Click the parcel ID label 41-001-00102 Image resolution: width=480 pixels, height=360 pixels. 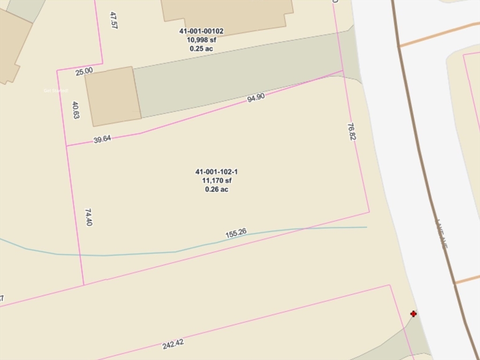(201, 31)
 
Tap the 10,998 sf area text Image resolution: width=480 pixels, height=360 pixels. (201, 40)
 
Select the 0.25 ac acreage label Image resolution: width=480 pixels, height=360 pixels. (201, 48)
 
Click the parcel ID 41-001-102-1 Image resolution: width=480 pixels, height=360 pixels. (217, 172)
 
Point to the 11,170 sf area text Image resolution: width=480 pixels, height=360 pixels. (217, 180)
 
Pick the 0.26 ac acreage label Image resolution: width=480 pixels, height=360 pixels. (217, 189)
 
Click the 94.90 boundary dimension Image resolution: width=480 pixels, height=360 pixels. (256, 97)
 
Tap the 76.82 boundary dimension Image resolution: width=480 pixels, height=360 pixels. (351, 132)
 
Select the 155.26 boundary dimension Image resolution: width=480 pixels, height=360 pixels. (236, 233)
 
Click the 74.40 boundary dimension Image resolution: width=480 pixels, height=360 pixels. (88, 217)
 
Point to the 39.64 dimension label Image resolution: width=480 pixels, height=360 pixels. (102, 139)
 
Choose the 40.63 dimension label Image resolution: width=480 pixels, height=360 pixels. (76, 110)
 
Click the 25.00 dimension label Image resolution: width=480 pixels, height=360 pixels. (84, 71)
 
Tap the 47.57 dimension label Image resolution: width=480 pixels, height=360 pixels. (113, 21)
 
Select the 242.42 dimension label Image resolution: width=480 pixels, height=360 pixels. (173, 344)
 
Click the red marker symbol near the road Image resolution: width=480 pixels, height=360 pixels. (413, 314)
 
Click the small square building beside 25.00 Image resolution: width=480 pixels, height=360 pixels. (113, 96)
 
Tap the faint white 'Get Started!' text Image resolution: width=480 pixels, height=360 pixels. (56, 90)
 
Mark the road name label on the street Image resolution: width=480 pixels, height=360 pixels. (442, 234)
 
